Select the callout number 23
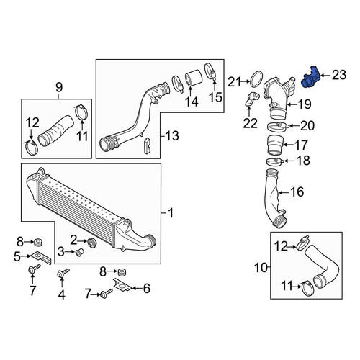339,75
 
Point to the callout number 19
305,104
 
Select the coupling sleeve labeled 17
275,145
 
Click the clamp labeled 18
275,161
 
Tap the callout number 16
297,192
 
